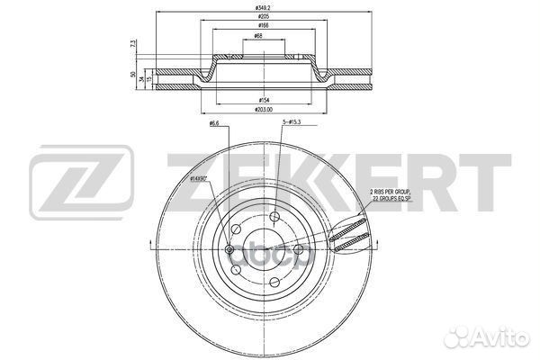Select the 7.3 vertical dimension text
(132, 44)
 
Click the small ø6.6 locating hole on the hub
(229, 249)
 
